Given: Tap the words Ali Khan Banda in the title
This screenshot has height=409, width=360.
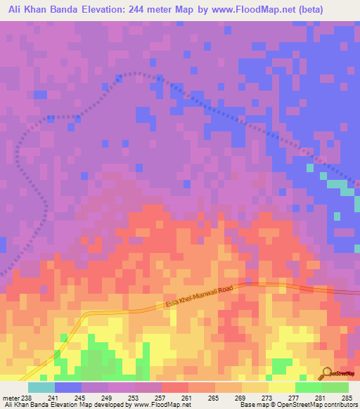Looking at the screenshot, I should pos(44,9).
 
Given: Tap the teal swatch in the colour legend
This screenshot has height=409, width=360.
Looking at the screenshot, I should pos(41,388).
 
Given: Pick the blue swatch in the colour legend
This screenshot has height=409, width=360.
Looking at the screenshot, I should pos(68,388).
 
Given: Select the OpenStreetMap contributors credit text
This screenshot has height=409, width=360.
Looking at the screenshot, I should pos(320,405).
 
